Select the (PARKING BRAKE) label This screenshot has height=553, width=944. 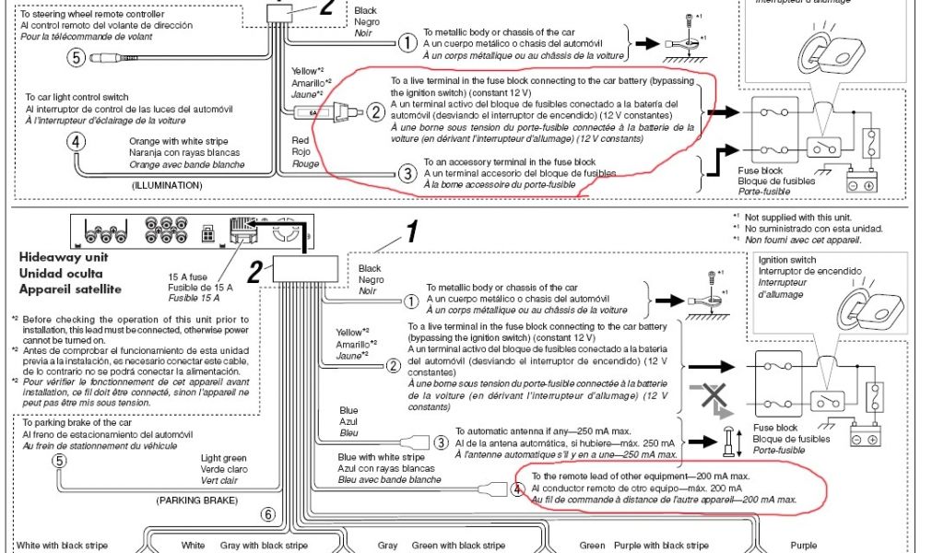click(x=197, y=500)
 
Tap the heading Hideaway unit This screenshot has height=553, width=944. click(x=57, y=258)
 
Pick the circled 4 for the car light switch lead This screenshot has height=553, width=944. click(x=77, y=142)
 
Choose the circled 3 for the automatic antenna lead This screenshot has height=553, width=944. click(x=440, y=443)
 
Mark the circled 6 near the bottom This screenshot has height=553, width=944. click(x=267, y=515)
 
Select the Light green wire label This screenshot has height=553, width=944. click(x=224, y=457)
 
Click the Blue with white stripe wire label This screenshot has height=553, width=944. click(x=381, y=456)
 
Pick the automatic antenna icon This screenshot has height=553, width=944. click(x=728, y=441)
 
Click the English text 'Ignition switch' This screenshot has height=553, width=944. click(x=786, y=260)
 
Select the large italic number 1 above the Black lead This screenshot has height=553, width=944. click(x=412, y=232)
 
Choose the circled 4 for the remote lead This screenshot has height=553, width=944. click(x=517, y=488)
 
